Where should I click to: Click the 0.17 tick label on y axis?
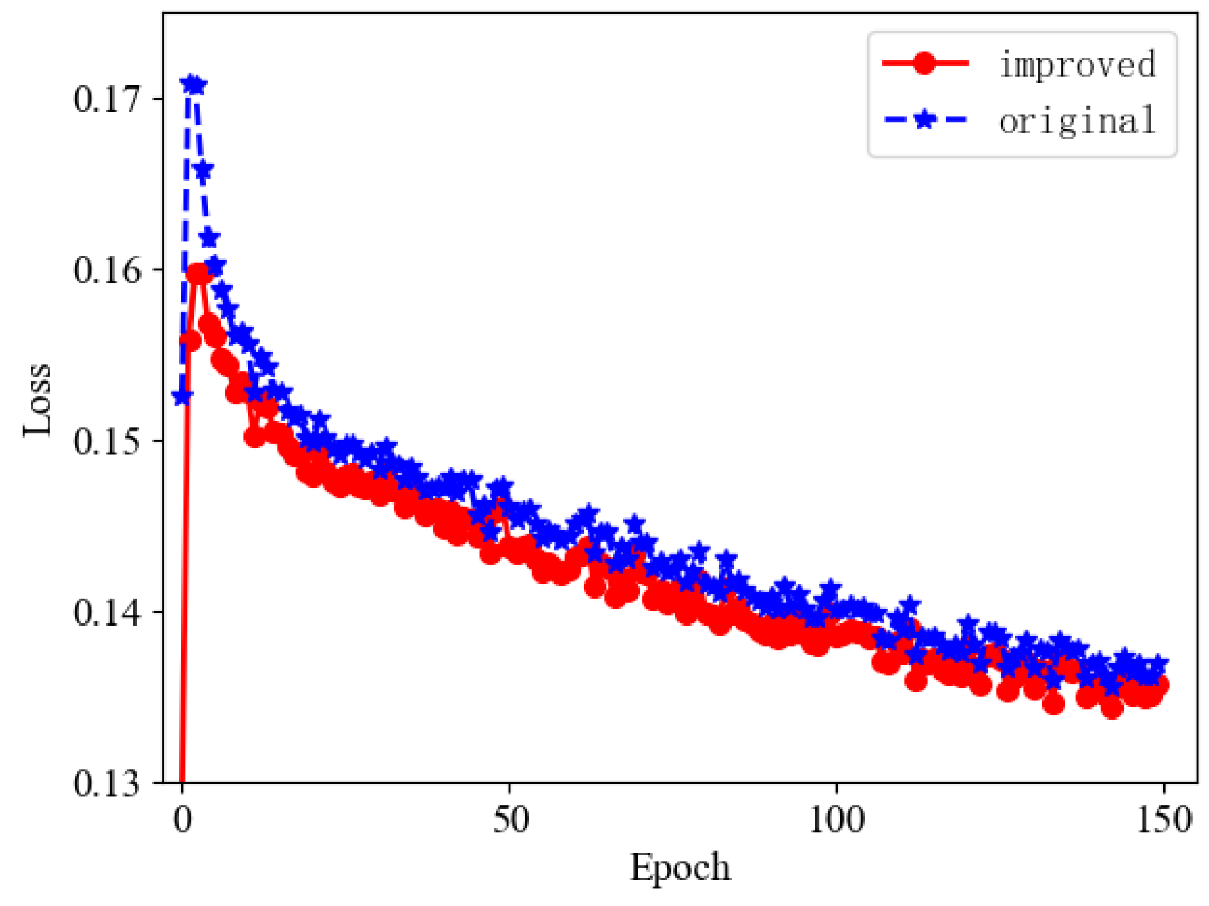click(107, 99)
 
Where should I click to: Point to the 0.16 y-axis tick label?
click(107, 270)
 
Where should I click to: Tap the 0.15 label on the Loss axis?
click(107, 441)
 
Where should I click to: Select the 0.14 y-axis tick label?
click(107, 612)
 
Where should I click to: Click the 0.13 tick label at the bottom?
click(107, 783)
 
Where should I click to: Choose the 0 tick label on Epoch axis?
click(183, 820)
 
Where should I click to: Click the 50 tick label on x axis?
click(510, 820)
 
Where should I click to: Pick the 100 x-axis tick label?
click(837, 820)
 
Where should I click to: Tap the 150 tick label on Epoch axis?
click(1163, 820)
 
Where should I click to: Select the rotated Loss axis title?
click(37, 399)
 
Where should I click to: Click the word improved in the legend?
click(1077, 64)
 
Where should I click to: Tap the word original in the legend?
click(1077, 120)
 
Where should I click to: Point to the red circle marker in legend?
click(925, 63)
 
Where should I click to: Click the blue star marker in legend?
click(925, 119)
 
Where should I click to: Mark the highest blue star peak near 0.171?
click(190, 84)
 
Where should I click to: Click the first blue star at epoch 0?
click(182, 396)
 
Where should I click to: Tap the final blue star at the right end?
click(1158, 664)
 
